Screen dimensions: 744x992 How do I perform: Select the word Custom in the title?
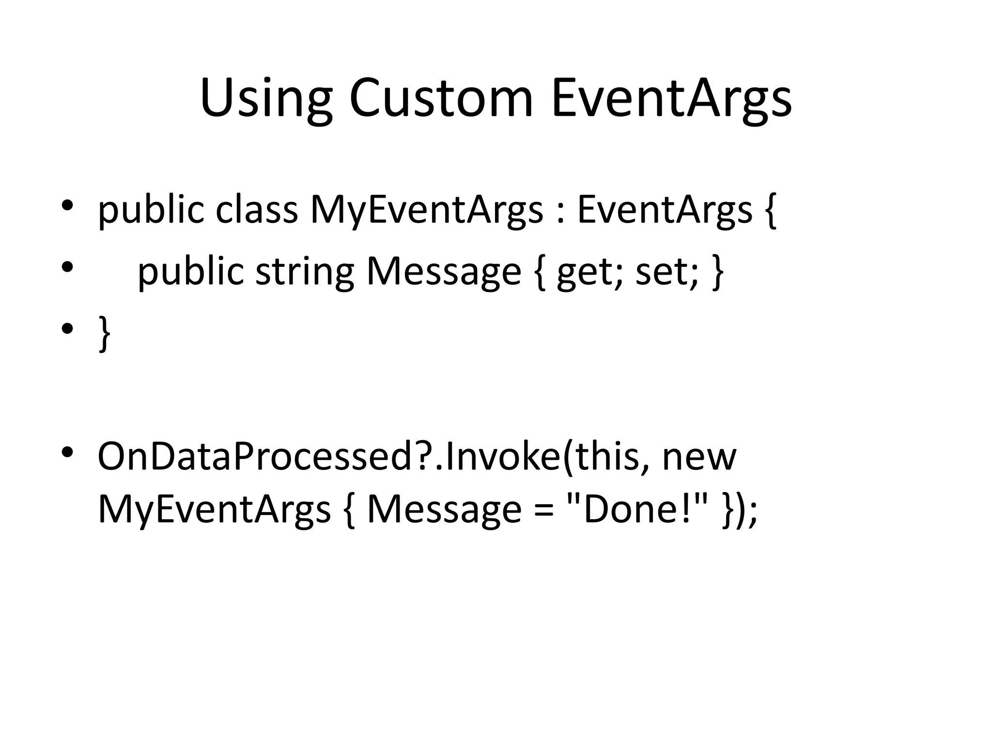[x=441, y=98]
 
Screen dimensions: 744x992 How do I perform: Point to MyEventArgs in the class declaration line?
[x=426, y=211]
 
